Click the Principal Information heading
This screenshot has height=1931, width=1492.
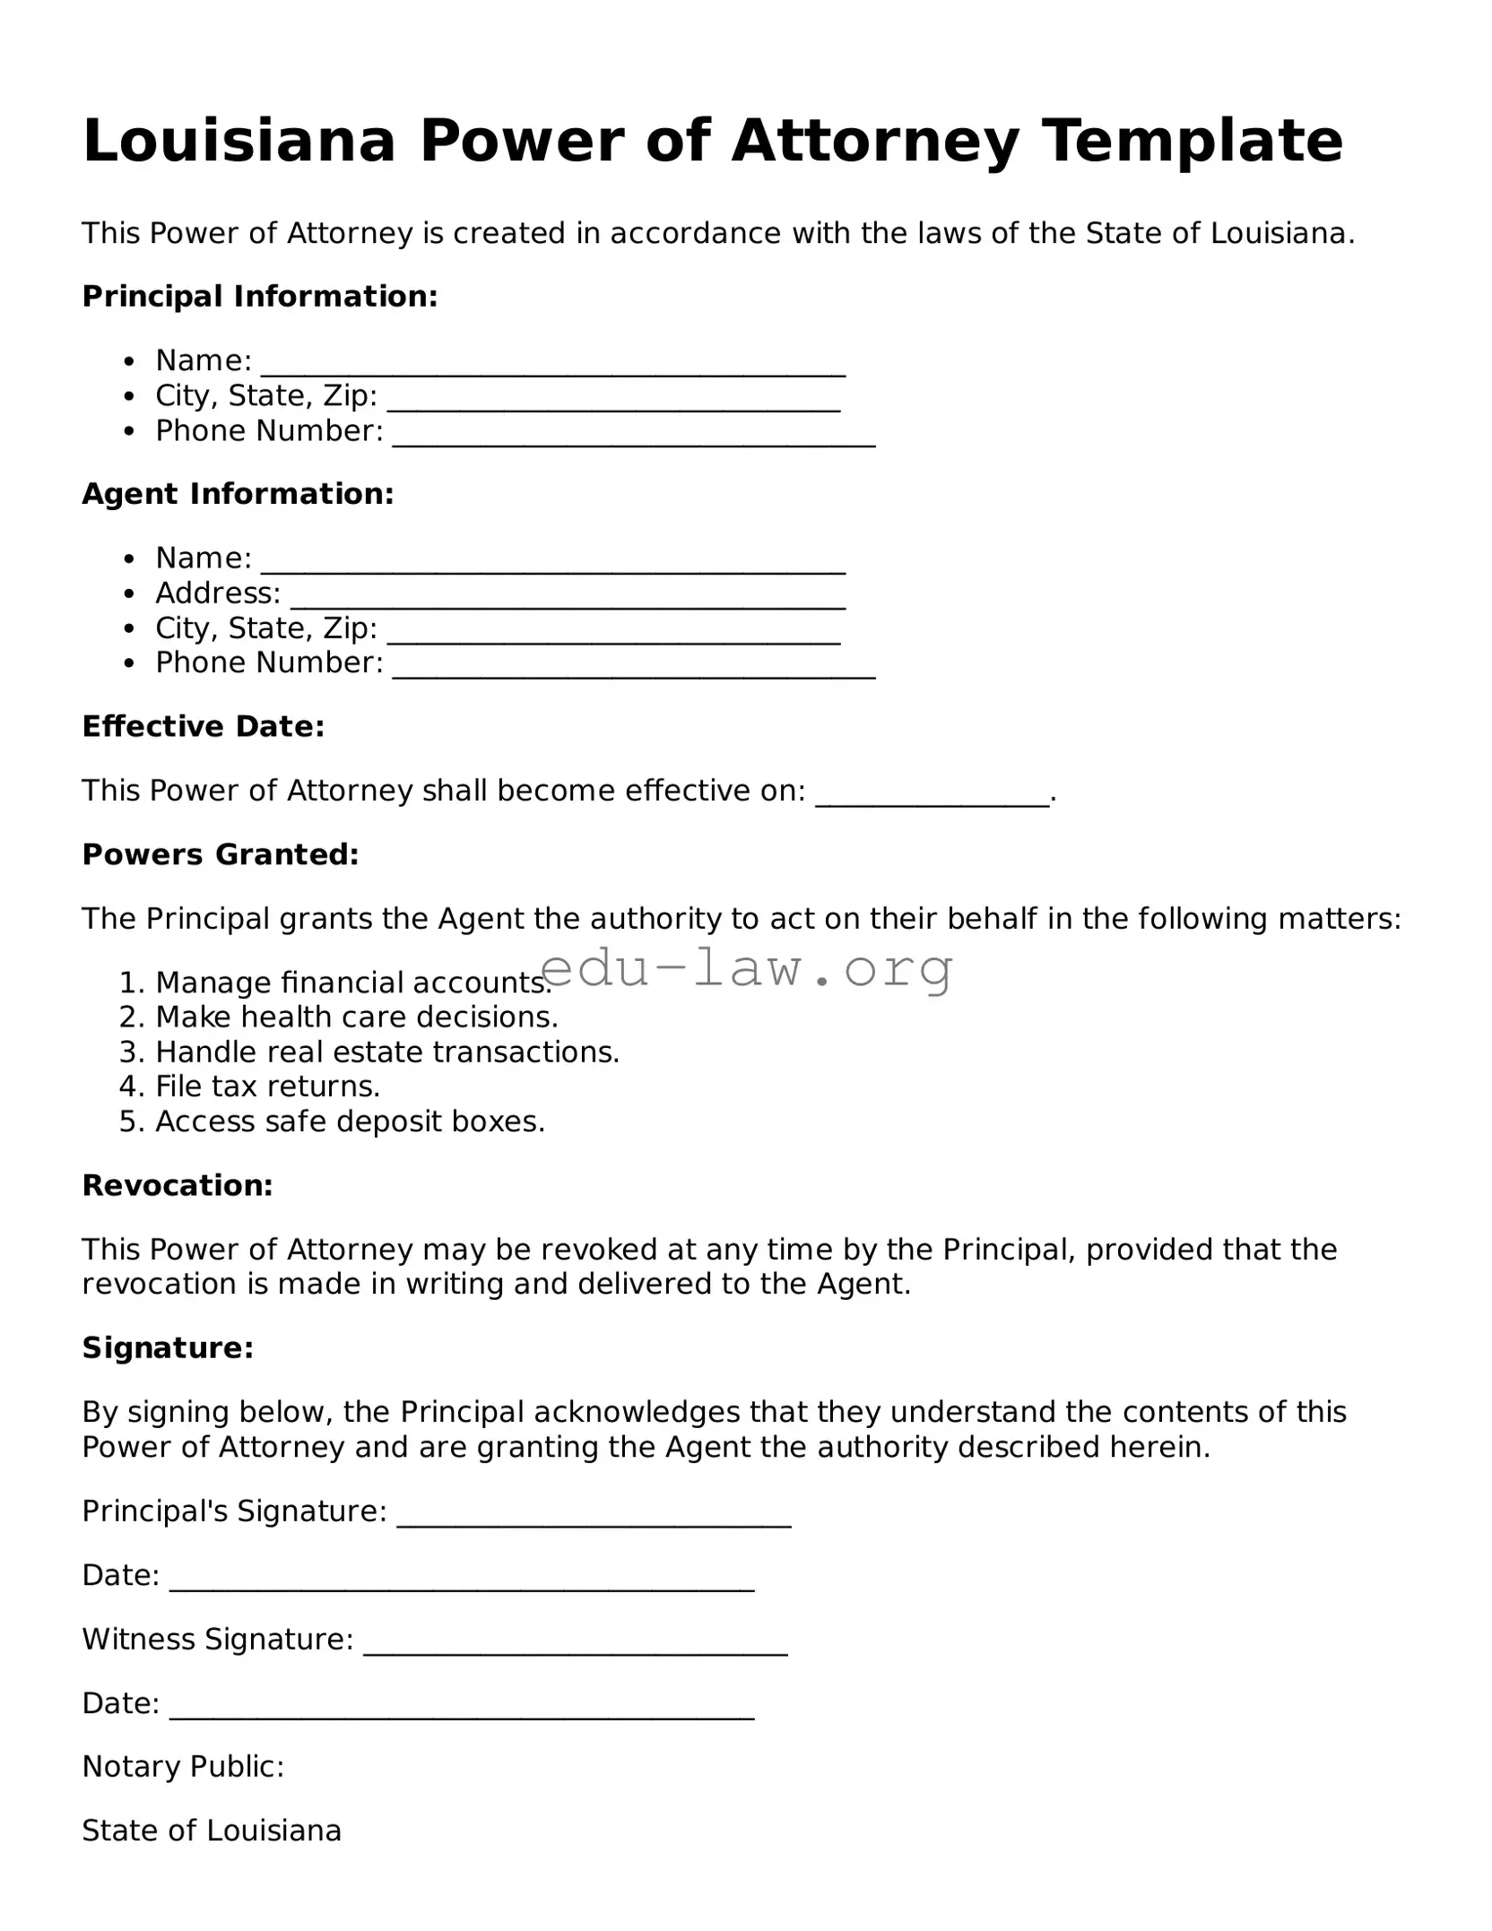pyautogui.click(x=260, y=297)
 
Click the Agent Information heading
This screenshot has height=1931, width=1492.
pyautogui.click(x=238, y=494)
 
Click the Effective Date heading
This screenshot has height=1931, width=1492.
pyautogui.click(x=203, y=726)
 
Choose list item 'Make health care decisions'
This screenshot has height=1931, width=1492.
pyautogui.click(x=356, y=1017)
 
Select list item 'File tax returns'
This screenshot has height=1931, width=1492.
pyautogui.click(x=267, y=1087)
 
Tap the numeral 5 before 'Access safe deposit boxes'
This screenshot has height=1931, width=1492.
pyautogui.click(x=127, y=1121)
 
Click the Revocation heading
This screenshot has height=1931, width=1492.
pyautogui.click(x=177, y=1185)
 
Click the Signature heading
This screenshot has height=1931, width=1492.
pyautogui.click(x=168, y=1347)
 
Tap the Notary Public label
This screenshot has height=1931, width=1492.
pyautogui.click(x=183, y=1766)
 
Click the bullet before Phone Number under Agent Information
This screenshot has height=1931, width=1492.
pyautogui.click(x=131, y=663)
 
